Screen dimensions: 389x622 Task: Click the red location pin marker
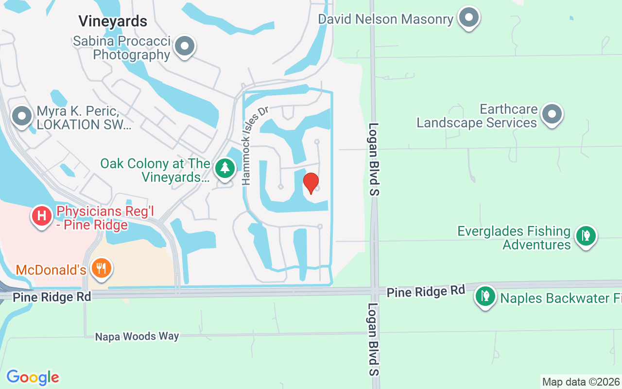pyautogui.click(x=311, y=183)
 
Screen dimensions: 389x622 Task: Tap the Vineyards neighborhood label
pyautogui.click(x=113, y=21)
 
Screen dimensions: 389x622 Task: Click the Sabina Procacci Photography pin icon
pyautogui.click(x=184, y=47)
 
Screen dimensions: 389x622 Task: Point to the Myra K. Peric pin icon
pyautogui.click(x=22, y=117)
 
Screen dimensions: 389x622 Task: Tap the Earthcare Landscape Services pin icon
pyautogui.click(x=552, y=114)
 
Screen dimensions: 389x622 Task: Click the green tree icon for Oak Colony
pyautogui.click(x=225, y=168)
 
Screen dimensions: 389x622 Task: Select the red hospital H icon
pyautogui.click(x=42, y=215)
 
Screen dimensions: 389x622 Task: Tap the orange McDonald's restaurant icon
pyautogui.click(x=101, y=268)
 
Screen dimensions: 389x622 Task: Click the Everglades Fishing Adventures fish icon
pyautogui.click(x=586, y=236)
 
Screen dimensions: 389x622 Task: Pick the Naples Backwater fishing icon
pyautogui.click(x=485, y=295)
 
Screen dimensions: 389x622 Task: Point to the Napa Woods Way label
pyautogui.click(x=137, y=336)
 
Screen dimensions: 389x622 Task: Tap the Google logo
pyautogui.click(x=33, y=377)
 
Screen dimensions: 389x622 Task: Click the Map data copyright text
pyautogui.click(x=581, y=382)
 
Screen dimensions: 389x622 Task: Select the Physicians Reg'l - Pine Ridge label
pyautogui.click(x=92, y=218)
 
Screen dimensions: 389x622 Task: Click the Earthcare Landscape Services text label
pyautogui.click(x=477, y=116)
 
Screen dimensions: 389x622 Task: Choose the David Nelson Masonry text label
pyautogui.click(x=385, y=19)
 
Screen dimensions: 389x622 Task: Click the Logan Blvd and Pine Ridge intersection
pyautogui.click(x=374, y=290)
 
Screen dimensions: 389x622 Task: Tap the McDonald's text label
pyautogui.click(x=51, y=269)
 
